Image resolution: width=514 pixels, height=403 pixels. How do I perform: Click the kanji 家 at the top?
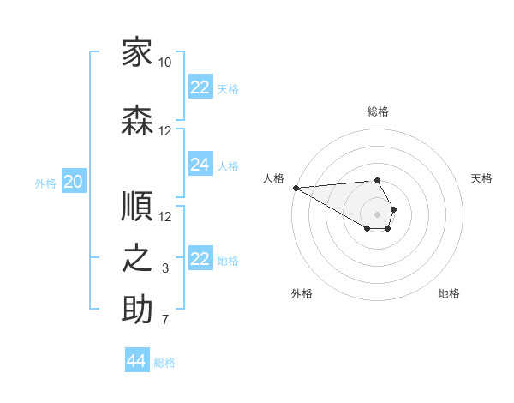137,51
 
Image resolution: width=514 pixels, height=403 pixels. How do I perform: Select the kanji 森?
137,120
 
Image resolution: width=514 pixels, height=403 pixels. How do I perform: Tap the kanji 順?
137,206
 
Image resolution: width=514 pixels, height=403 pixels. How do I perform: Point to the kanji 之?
137,258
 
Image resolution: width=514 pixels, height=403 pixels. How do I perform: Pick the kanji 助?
137,309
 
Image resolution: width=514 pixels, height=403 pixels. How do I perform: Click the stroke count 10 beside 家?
164,63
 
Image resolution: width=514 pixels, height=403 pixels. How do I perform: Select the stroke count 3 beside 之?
165,268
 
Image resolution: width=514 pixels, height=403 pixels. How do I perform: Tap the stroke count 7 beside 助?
165,319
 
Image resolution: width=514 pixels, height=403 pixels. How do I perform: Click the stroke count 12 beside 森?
164,131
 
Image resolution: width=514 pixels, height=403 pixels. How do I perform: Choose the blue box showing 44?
137,359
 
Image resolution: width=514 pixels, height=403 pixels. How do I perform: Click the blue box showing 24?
200,164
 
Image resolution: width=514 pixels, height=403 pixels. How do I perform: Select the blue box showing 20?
74,181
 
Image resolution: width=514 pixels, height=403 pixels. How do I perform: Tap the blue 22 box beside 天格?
200,87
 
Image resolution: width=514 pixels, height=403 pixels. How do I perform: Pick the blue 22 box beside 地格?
200,257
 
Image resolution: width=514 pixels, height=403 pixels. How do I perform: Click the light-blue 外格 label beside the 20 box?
45,183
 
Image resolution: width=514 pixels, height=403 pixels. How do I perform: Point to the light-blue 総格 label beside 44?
164,363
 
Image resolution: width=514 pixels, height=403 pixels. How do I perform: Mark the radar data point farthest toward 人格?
296,188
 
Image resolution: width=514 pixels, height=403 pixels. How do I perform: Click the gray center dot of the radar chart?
377,214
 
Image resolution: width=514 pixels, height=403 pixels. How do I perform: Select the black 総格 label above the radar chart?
378,111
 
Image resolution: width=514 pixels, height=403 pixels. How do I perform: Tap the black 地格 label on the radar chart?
449,293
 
